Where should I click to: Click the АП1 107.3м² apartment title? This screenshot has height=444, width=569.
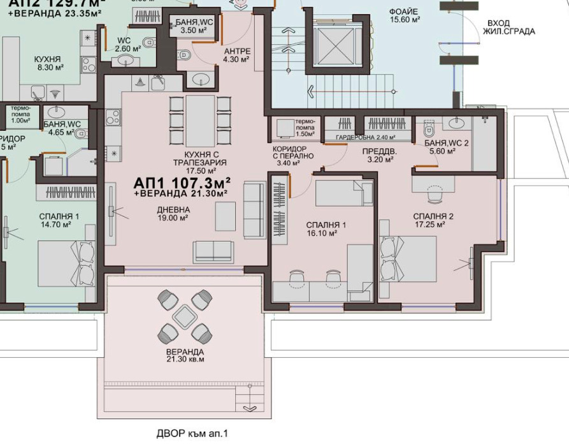181,182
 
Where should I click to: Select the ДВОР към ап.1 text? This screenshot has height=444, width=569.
192,434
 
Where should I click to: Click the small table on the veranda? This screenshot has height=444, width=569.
185,315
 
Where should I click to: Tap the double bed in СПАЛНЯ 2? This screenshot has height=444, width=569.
408,258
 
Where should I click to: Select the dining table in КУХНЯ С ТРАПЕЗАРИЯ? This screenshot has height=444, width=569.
200,121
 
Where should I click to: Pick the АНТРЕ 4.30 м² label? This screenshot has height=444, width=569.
238,55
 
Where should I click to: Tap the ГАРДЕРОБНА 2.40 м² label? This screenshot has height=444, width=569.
365,137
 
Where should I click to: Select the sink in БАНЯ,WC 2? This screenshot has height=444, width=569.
457,122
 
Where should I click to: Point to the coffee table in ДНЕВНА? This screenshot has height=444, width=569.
224,216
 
